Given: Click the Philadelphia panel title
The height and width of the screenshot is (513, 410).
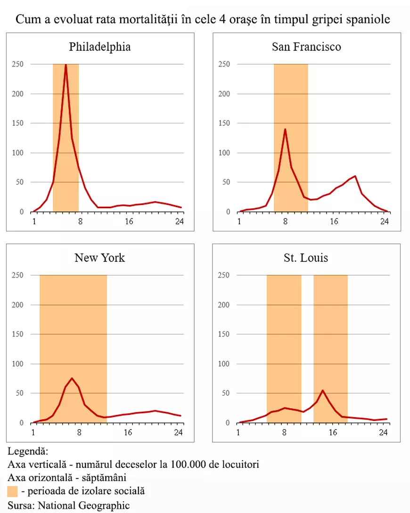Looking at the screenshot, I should pos(99,47).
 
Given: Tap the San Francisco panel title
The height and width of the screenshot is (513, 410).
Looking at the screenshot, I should pos(306,47).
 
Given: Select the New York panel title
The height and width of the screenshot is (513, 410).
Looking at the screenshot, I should pos(99,258).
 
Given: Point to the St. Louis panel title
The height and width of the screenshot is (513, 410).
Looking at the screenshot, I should pos(306,258).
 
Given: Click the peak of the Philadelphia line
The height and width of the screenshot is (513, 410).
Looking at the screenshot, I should pos(66,65).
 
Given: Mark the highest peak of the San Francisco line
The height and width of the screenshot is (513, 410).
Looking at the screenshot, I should pos(285,129).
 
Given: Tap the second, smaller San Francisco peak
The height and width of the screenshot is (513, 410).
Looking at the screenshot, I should pos(355,176).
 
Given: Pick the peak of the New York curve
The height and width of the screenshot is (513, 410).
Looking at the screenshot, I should pos(72,378).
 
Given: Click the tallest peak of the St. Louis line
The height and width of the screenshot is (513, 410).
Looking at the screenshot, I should pos(323,390).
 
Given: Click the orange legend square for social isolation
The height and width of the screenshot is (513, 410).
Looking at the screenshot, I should pos(13,492).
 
